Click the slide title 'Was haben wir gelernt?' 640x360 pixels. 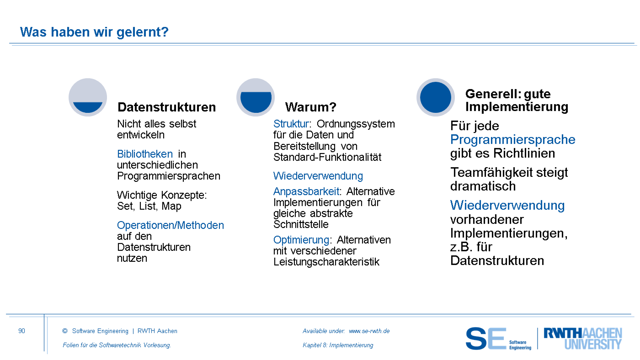(x=94, y=32)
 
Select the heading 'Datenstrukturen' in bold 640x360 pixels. (x=166, y=107)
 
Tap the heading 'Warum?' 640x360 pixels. (x=310, y=107)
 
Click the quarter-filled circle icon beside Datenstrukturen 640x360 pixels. (x=88, y=97)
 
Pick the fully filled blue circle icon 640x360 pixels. (x=435, y=97)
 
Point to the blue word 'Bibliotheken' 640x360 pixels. (x=145, y=154)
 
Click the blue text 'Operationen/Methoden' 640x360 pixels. (x=170, y=225)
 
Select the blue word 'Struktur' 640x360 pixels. (x=291, y=124)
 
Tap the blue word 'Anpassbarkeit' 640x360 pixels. (x=306, y=191)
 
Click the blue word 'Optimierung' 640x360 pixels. (x=301, y=240)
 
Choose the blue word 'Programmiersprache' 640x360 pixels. (x=513, y=140)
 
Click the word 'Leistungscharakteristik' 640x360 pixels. (x=326, y=262)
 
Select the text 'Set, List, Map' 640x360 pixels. (x=149, y=206)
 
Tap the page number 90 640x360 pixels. (x=22, y=331)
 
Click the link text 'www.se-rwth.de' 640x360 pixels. (x=369, y=331)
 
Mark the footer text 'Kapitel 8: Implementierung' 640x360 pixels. (x=338, y=345)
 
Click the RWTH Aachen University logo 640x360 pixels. (x=583, y=339)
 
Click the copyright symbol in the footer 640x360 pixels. (x=65, y=331)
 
